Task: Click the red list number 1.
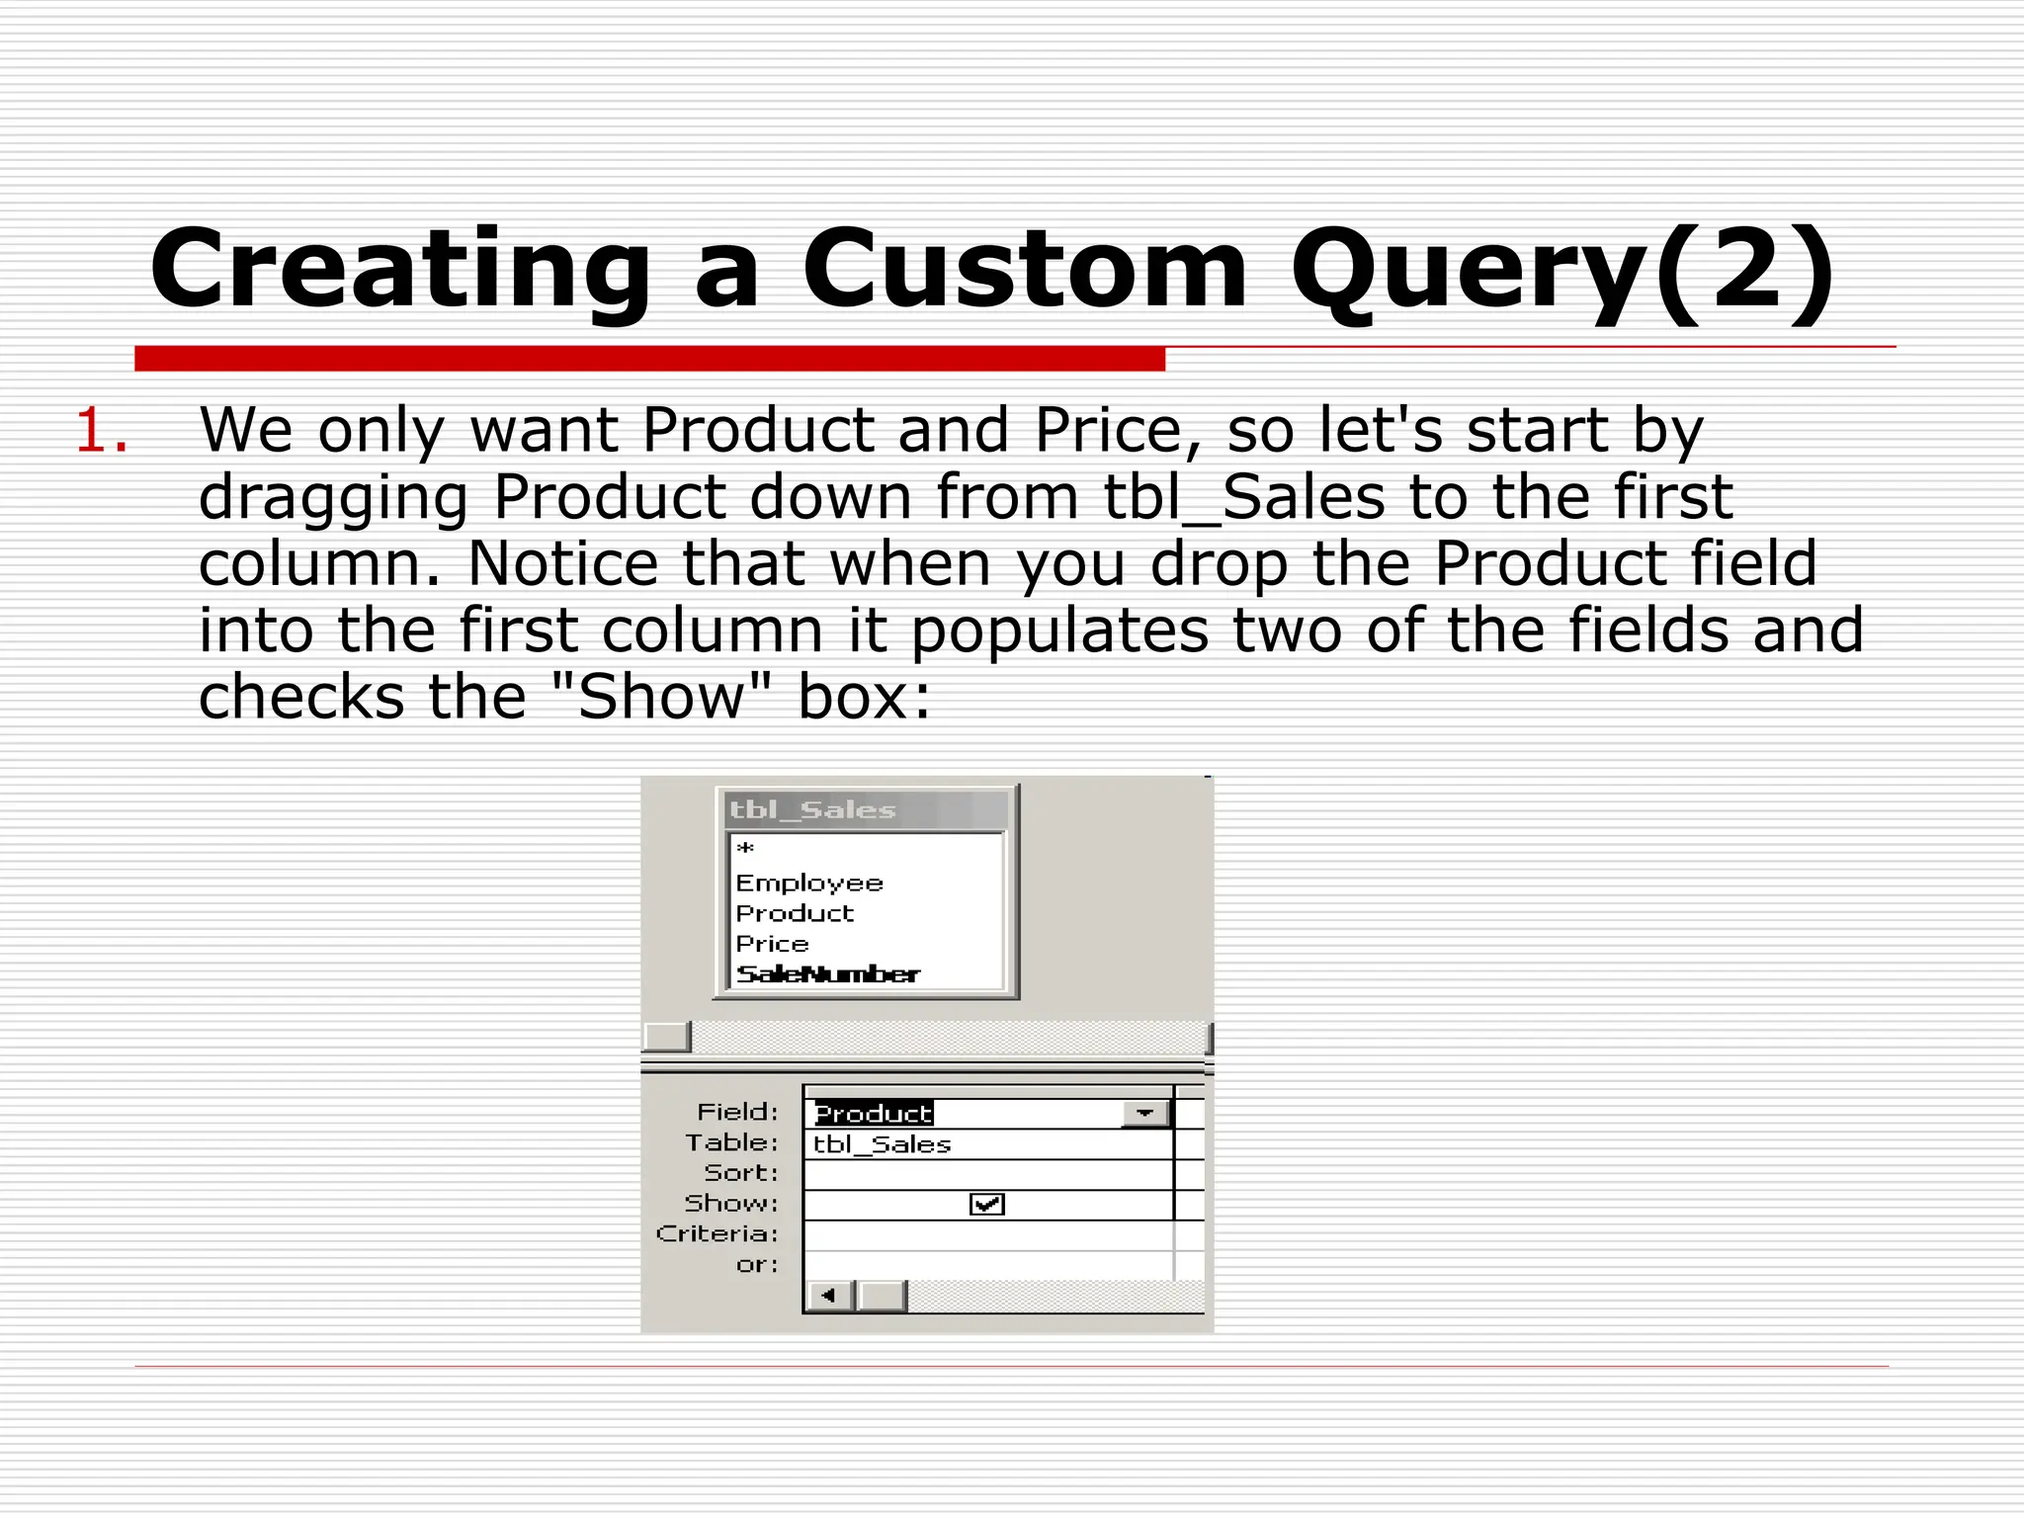coord(102,432)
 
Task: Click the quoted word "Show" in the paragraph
coord(660,698)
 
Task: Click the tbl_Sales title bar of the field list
coord(866,810)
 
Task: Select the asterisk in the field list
coord(746,849)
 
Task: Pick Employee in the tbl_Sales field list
coord(809,883)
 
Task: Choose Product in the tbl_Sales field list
coord(795,913)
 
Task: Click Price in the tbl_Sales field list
coord(772,944)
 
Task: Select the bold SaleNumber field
coord(828,974)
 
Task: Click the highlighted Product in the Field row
coord(874,1114)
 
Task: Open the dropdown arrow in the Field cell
coord(1145,1114)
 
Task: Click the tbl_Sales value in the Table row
coord(882,1144)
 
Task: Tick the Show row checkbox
coord(987,1204)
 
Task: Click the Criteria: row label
coord(717,1234)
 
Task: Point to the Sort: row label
coord(741,1173)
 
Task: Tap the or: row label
coord(757,1265)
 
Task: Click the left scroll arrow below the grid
coord(829,1295)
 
